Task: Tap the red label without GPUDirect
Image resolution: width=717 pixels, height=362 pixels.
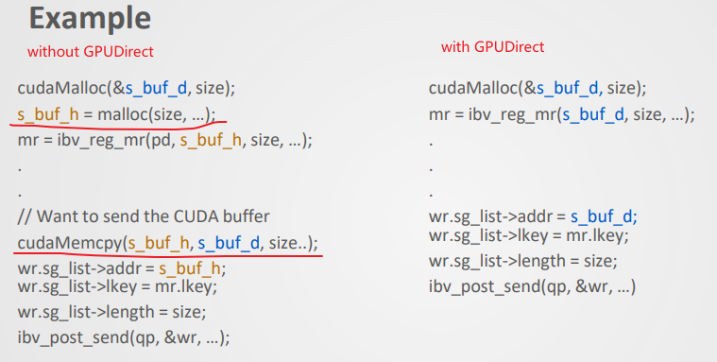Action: click(x=91, y=51)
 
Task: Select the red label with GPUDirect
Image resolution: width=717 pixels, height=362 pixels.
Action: click(x=492, y=46)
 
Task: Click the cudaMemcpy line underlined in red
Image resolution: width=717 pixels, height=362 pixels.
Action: click(x=168, y=243)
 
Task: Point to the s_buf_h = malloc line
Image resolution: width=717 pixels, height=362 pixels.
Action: click(x=116, y=113)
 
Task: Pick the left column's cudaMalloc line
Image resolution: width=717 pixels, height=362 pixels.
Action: click(x=126, y=89)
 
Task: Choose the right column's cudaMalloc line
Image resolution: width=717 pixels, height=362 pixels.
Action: click(x=537, y=89)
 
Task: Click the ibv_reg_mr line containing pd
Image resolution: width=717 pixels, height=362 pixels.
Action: click(x=164, y=139)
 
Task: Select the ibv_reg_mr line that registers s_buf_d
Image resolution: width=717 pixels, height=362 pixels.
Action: click(x=561, y=114)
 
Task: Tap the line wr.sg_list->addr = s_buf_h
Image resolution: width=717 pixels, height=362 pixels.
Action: click(x=122, y=267)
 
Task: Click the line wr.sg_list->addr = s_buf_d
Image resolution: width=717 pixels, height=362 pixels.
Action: click(x=533, y=216)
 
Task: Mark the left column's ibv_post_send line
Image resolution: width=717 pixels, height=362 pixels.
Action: click(x=124, y=336)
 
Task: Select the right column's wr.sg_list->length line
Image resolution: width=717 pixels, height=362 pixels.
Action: click(x=522, y=260)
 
